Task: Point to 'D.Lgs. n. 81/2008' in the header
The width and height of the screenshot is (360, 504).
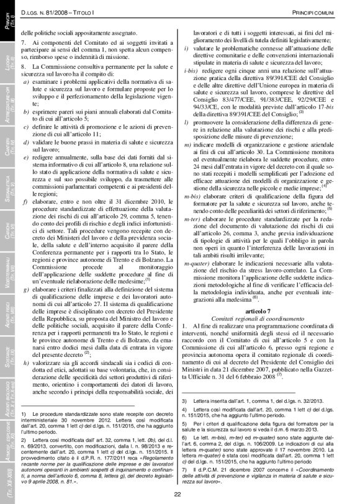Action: click(x=47, y=12)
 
